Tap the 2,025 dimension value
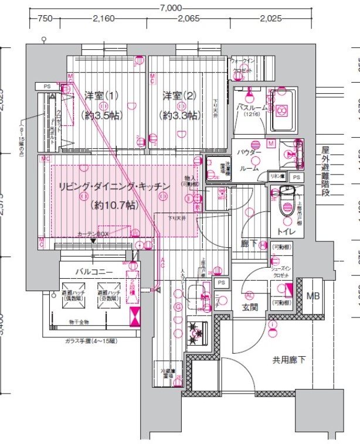(271, 19)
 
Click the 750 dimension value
(44, 19)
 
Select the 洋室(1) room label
(101, 95)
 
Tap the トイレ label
(286, 233)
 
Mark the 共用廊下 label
(288, 360)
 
